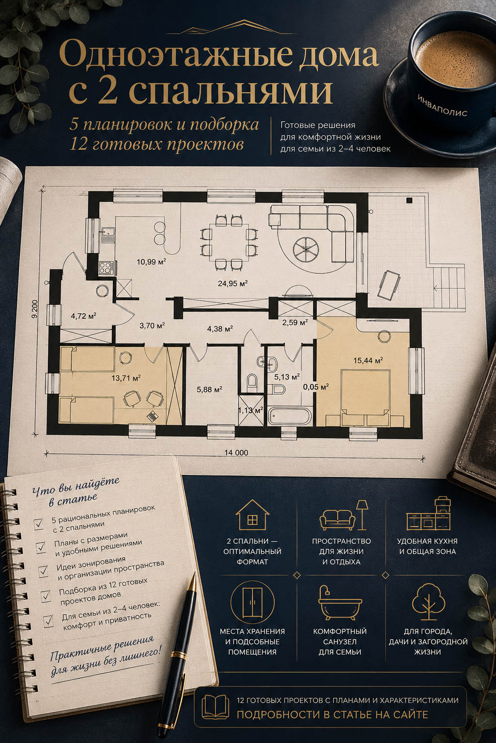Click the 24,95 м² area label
233,283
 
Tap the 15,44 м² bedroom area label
368,360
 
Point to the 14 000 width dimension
236,452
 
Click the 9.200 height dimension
35,309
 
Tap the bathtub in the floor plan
290,416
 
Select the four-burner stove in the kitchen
106,267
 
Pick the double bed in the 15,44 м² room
365,398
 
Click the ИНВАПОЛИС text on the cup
443,105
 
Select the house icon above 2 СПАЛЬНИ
252,515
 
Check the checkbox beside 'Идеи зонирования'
43,571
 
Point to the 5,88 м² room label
209,389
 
